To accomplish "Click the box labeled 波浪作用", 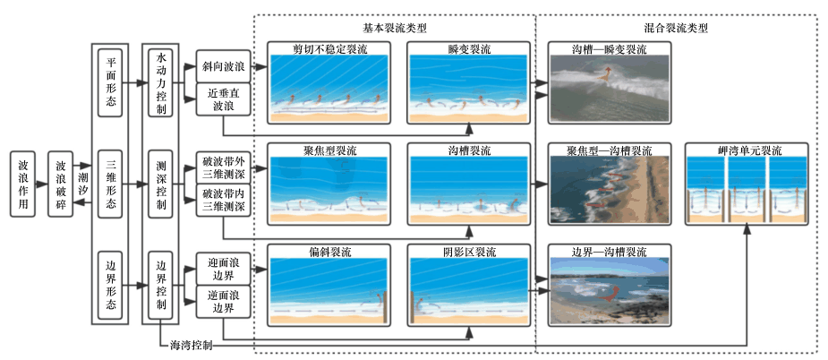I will pos(24,185).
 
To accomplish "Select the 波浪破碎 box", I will pos(61,185).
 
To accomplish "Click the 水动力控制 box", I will pos(161,83).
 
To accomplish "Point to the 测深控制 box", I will pos(161,185).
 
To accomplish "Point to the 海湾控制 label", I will pos(191,345).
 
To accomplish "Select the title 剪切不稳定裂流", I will pos(329,48).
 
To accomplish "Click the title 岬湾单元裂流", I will pos(746,150).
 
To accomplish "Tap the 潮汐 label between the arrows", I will pos(83,185).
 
